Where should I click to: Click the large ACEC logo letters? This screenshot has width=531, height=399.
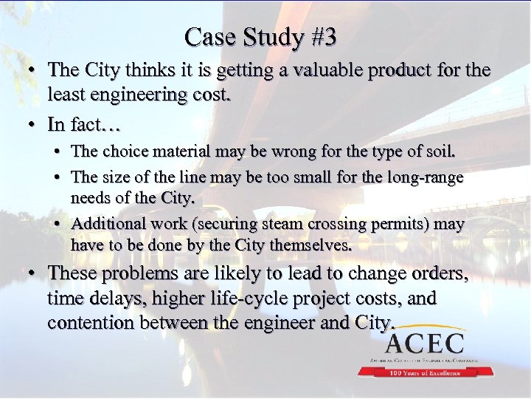coord(424,344)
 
